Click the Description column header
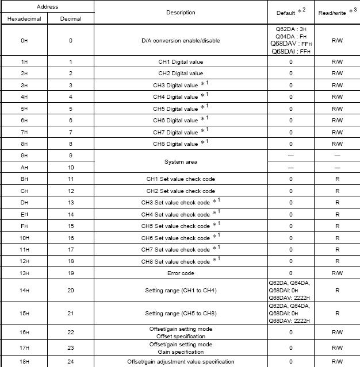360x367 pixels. (181, 13)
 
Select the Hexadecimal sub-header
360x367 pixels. (24, 19)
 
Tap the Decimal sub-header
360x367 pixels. (71, 19)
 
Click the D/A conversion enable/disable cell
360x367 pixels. (181, 41)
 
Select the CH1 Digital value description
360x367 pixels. (181, 62)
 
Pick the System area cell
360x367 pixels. (181, 162)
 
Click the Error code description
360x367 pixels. (181, 273)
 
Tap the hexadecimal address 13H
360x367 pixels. (24, 273)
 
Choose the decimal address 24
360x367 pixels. (71, 362)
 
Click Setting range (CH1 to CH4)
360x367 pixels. (181, 291)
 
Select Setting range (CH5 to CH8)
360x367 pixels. (181, 315)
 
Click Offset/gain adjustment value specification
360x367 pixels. (181, 362)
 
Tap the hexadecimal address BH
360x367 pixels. (24, 179)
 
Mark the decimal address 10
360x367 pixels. (71, 168)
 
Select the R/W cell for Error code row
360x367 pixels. (337, 273)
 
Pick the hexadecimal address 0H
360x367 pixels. (24, 41)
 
